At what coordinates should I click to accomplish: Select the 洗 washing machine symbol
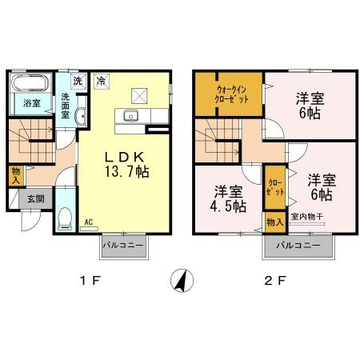(78, 80)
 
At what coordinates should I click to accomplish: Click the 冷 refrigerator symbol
(101, 80)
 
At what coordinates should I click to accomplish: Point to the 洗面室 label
(67, 106)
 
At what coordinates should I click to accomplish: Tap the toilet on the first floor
(66, 217)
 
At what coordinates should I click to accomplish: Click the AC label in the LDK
(89, 222)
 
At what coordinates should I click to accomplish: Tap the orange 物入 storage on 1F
(16, 174)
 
